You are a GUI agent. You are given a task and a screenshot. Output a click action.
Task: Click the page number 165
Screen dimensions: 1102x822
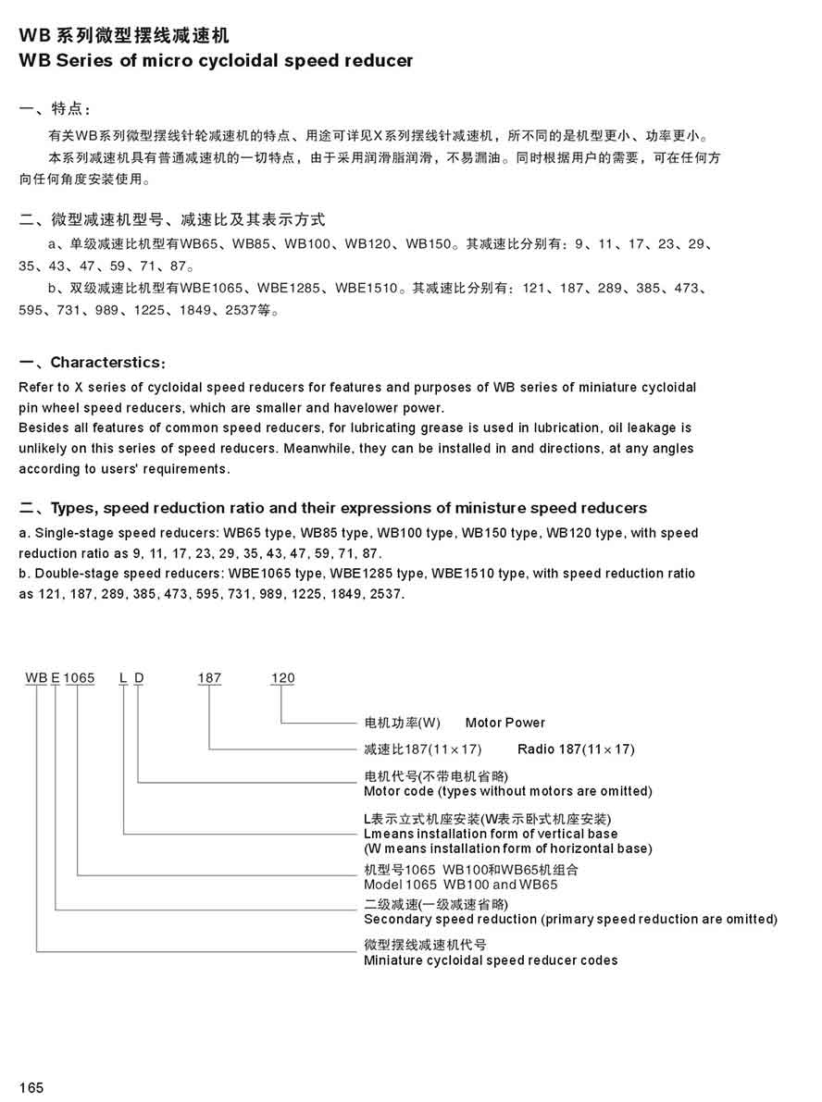point(31,1086)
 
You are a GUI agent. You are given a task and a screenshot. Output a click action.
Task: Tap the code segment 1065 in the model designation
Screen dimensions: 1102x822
point(80,678)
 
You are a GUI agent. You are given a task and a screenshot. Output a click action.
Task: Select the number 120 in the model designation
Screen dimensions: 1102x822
point(282,678)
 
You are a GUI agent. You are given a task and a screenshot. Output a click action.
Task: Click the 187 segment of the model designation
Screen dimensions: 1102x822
point(209,678)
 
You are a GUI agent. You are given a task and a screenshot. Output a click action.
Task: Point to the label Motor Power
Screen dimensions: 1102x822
point(505,723)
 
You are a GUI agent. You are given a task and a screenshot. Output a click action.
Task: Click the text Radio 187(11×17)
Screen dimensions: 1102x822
point(576,749)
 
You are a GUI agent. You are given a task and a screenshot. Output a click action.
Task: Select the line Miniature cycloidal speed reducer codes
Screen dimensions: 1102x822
point(491,960)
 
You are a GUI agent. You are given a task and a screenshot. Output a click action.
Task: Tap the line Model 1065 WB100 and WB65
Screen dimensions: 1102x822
point(461,885)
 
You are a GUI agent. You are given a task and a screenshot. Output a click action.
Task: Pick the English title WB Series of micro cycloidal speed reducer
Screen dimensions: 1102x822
point(216,61)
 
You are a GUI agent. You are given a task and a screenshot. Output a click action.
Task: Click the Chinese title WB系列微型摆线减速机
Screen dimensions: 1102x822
point(124,37)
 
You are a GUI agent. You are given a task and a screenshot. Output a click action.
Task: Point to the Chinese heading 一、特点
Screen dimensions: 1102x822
point(56,109)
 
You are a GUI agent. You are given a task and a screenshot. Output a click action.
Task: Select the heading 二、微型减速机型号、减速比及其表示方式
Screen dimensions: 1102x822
point(172,220)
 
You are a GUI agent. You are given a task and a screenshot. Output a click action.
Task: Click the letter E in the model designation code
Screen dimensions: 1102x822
point(56,678)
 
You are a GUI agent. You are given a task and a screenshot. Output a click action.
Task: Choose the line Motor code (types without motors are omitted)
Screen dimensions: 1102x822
point(508,791)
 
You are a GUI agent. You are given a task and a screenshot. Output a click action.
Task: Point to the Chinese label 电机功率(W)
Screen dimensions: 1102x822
point(403,723)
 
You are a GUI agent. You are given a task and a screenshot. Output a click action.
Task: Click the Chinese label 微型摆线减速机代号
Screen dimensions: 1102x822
point(425,945)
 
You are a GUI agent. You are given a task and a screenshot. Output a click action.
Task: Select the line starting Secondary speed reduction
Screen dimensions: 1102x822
point(570,919)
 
